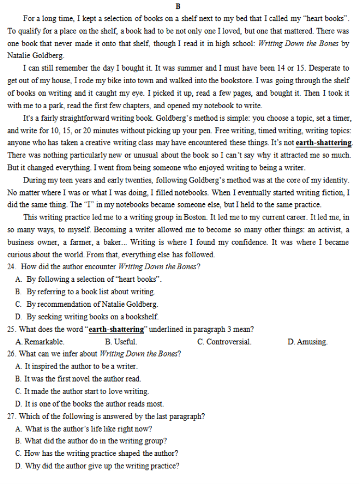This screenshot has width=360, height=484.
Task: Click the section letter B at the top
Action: click(178, 6)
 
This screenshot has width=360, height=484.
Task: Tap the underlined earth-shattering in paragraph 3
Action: click(324, 143)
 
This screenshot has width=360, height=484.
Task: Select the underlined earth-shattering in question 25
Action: click(116, 330)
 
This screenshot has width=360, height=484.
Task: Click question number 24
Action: click(11, 267)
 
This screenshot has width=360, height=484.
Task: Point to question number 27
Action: click(11, 416)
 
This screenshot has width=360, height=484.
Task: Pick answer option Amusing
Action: click(311, 342)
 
